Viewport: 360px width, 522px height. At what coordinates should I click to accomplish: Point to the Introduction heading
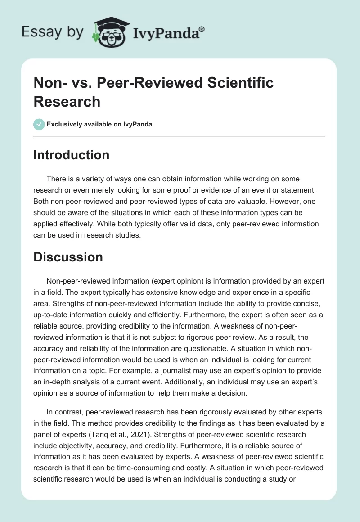point(72,155)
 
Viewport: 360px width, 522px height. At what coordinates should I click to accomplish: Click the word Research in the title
point(67,101)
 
